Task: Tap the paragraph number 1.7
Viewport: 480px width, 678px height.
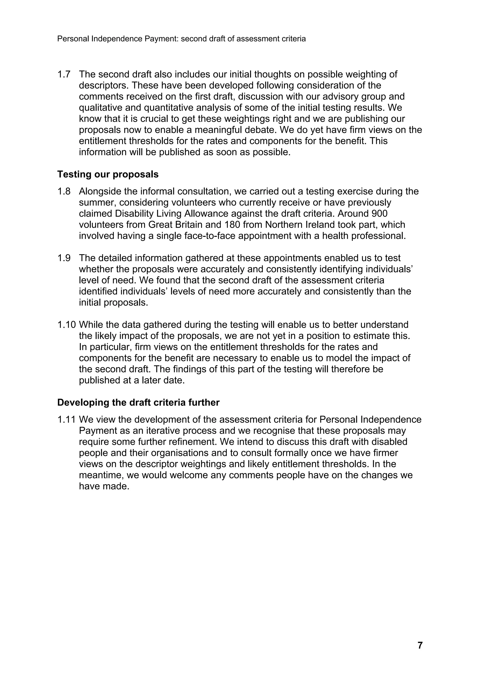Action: coord(64,74)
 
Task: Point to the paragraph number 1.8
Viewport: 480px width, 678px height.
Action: coord(64,191)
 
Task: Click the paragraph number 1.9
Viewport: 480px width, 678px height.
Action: coord(64,258)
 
